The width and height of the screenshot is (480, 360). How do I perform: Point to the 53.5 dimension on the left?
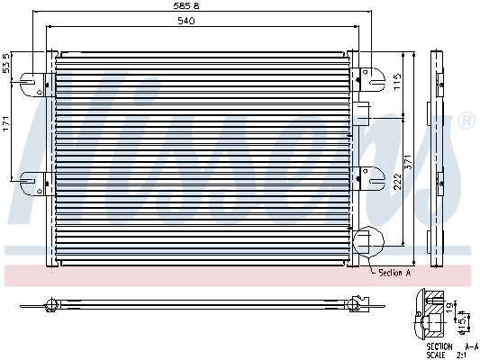pos(7,67)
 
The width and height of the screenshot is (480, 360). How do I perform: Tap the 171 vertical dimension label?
pos(7,126)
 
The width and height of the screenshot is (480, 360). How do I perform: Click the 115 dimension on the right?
pos(397,82)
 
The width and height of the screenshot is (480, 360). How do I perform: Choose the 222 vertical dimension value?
pos(397,183)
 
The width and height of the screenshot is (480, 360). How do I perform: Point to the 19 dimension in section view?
pos(449,308)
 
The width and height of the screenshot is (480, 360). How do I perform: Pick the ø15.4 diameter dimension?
pos(462,321)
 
